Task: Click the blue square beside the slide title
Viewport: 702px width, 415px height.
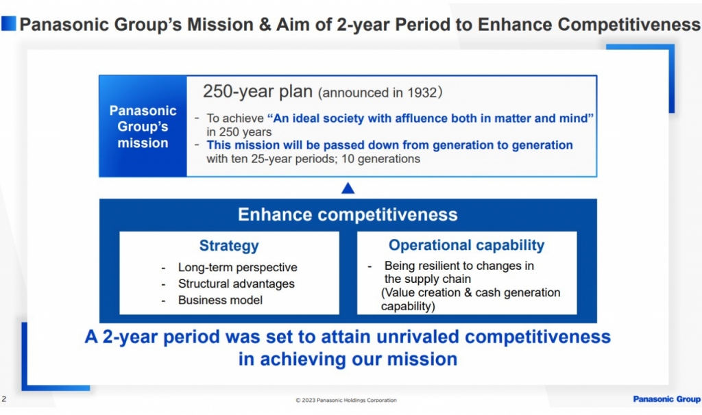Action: (x=8, y=24)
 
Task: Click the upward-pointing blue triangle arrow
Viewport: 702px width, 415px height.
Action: (x=348, y=188)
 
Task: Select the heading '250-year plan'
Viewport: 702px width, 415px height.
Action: (x=258, y=92)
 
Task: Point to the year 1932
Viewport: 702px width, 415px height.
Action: (x=422, y=92)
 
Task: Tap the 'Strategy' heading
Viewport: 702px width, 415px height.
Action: (x=229, y=246)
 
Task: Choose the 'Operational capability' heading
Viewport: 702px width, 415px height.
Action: (x=466, y=245)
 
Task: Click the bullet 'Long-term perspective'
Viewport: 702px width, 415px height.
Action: (x=237, y=268)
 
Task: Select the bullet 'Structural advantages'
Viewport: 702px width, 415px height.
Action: (x=237, y=284)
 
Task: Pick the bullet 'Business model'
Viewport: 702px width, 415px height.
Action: (x=220, y=300)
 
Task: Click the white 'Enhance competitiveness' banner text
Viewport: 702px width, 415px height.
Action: (x=348, y=214)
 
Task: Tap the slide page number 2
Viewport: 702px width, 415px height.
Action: (x=4, y=399)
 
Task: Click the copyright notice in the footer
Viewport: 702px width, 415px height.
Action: (x=346, y=400)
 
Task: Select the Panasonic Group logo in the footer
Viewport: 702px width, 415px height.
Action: (x=666, y=399)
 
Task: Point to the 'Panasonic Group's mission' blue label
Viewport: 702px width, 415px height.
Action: (x=143, y=127)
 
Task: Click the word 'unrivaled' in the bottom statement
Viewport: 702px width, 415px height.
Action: (x=417, y=337)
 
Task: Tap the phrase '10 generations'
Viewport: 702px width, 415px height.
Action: (x=380, y=159)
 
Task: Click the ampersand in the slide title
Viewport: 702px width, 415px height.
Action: (x=265, y=24)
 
